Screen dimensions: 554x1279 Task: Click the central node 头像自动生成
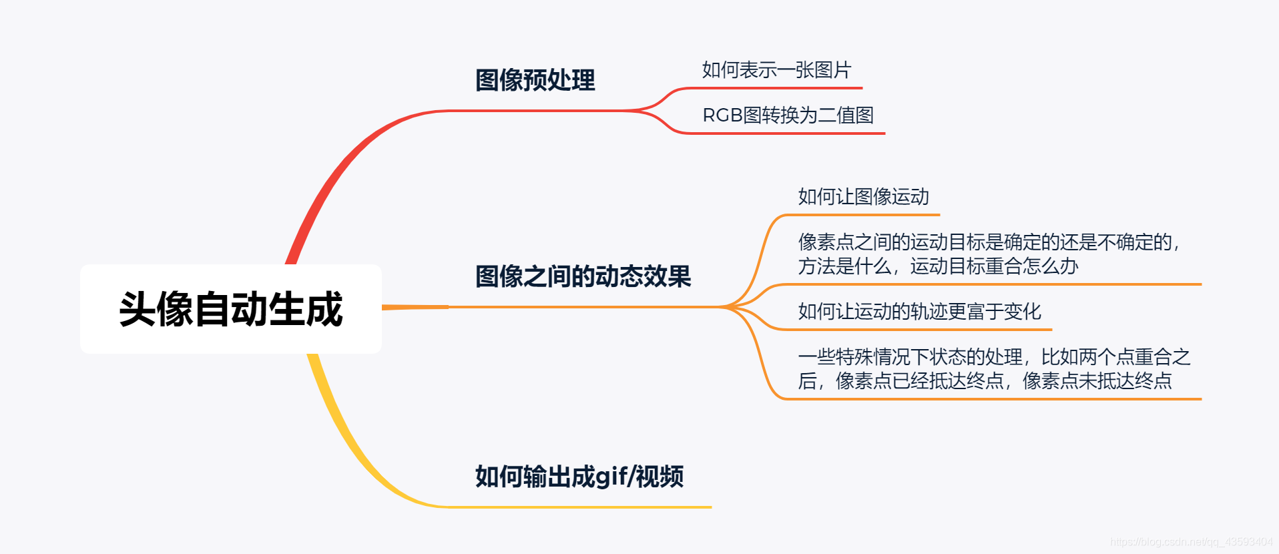click(231, 309)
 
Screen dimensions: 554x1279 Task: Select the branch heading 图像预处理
click(535, 80)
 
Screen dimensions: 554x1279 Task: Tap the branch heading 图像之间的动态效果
click(583, 276)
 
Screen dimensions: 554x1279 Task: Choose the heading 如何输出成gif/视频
click(579, 477)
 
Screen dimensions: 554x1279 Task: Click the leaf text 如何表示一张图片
click(776, 70)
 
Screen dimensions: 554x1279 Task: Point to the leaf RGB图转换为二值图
click(788, 115)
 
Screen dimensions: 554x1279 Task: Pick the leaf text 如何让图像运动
click(863, 197)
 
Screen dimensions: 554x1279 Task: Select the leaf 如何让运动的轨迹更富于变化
click(919, 312)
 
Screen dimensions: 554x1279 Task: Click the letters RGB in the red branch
click(722, 115)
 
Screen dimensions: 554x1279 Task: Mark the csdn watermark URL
click(1191, 542)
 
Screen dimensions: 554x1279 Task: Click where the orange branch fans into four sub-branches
click(728, 307)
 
